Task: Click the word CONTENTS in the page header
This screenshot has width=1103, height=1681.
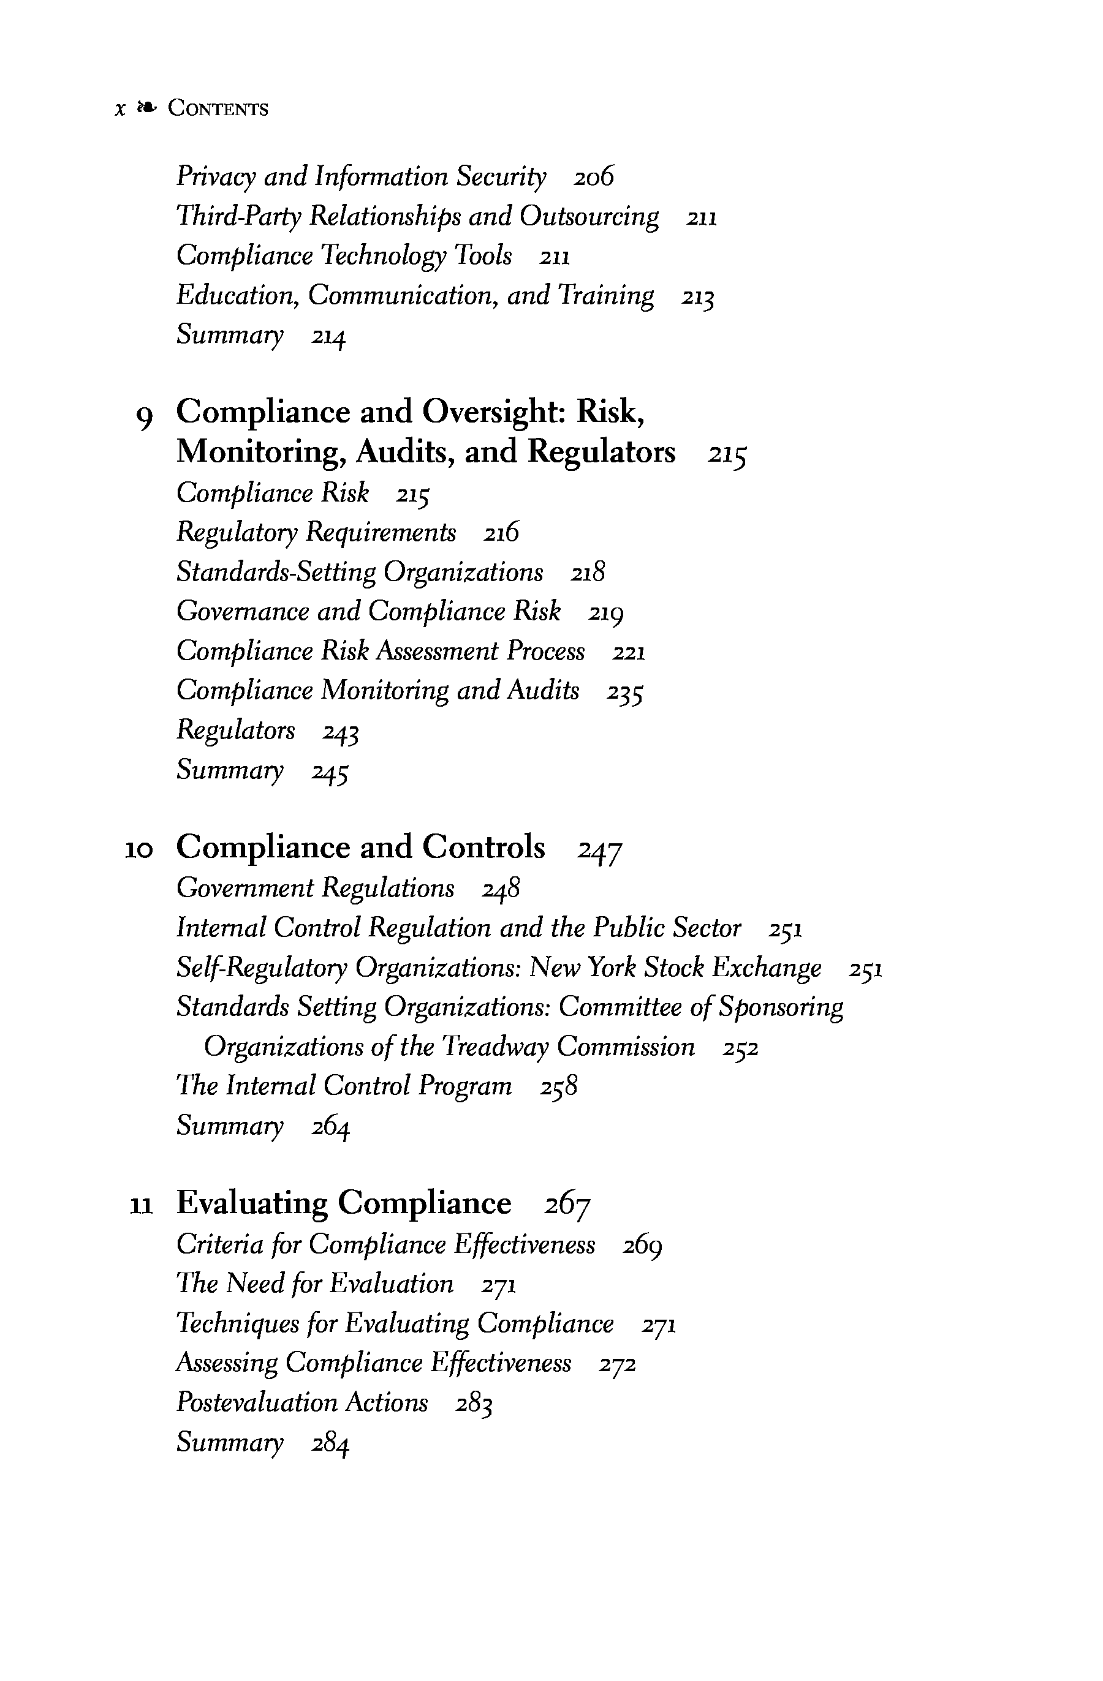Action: [x=218, y=109]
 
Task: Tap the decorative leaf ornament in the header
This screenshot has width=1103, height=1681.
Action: [x=146, y=107]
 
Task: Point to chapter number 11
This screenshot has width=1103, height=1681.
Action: [x=142, y=1206]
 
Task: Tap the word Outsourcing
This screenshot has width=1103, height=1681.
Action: [x=589, y=216]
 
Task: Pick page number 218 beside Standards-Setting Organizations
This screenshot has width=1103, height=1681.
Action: [x=588, y=573]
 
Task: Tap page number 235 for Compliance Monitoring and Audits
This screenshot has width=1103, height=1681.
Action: [x=624, y=692]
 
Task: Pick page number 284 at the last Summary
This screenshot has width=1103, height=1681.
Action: [x=331, y=1443]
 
